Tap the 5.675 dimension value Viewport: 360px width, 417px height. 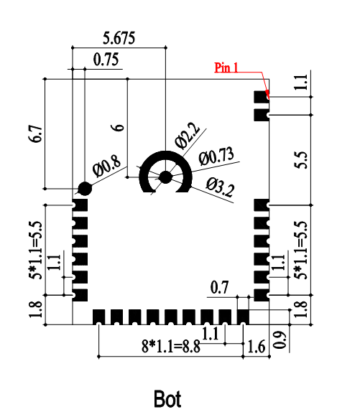[119, 37]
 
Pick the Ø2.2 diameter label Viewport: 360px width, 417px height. [187, 134]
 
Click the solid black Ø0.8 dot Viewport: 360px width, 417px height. [85, 189]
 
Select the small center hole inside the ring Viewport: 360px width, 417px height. [166, 176]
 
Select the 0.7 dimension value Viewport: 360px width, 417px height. [219, 288]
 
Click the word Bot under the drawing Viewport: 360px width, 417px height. [167, 398]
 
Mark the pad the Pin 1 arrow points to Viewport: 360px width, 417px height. [261, 96]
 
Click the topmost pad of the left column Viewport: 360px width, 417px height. [80, 205]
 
